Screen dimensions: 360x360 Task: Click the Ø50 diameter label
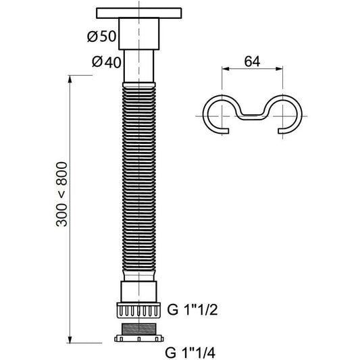(102, 36)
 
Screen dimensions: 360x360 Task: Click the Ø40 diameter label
(106, 62)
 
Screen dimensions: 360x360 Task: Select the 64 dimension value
(252, 61)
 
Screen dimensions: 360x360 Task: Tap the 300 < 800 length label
(62, 195)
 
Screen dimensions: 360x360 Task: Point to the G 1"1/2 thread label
(192, 310)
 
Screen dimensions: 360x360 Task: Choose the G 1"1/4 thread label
(190, 353)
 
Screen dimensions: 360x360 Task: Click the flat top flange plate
(139, 13)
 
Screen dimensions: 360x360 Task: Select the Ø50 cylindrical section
(139, 34)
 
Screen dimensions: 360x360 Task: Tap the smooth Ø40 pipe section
(139, 66)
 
